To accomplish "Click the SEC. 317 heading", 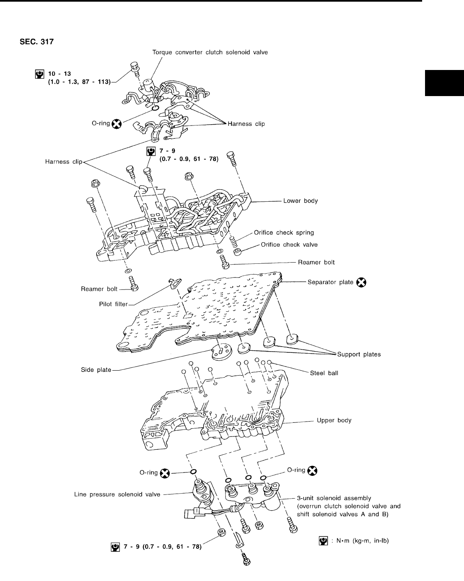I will [36, 41].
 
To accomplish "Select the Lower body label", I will [300, 201].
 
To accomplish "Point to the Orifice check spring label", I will [284, 232].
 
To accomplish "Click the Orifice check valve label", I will [289, 245].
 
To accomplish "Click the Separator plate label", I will [330, 282].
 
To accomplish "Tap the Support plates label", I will [359, 354].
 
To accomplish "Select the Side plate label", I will [96, 369].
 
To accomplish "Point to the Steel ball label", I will [324, 373].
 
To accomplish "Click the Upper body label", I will [334, 420].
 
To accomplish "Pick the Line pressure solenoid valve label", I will [117, 494].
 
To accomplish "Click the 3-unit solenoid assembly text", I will [334, 498].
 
